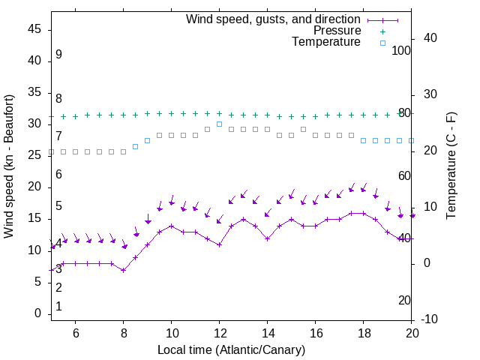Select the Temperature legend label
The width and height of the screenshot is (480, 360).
click(325, 42)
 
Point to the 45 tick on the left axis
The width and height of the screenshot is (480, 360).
click(34, 28)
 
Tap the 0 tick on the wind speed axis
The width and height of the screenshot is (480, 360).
click(38, 313)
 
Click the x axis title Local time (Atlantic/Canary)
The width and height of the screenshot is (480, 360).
click(231, 349)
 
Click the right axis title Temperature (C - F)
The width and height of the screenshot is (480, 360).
click(451, 166)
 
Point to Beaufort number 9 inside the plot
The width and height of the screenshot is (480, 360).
click(58, 55)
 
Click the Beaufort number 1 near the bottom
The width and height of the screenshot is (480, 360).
click(58, 307)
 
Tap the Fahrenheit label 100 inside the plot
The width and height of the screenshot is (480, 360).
click(401, 50)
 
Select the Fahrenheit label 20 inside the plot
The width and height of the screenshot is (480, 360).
click(404, 301)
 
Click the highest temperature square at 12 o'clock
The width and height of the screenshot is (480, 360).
click(219, 124)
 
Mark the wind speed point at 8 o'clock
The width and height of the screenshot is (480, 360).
click(123, 270)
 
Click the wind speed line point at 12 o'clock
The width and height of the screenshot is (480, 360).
click(219, 244)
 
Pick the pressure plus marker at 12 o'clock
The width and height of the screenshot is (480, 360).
click(219, 114)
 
